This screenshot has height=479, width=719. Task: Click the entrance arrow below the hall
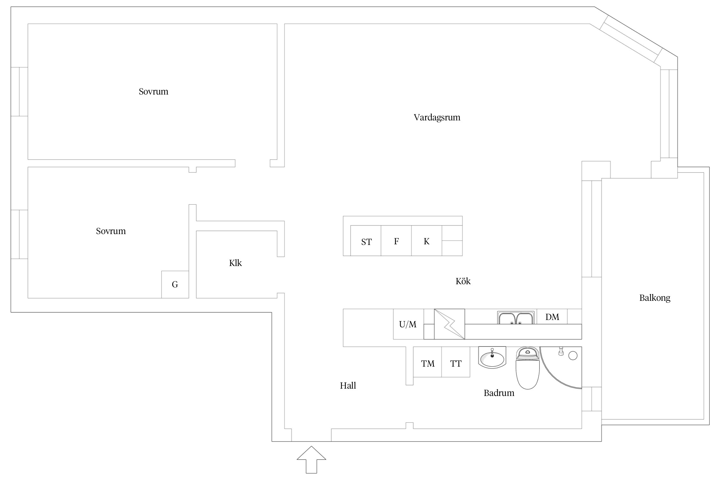(311, 460)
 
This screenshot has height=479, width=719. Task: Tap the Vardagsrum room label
(437, 118)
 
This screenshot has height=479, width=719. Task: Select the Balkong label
(655, 298)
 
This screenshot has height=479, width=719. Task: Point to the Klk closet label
(236, 263)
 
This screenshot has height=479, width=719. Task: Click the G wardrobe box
(175, 285)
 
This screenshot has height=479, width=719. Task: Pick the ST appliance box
(366, 240)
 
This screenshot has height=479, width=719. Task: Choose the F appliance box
(396, 240)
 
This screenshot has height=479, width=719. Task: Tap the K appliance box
(427, 240)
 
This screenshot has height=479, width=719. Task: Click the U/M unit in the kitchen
(408, 324)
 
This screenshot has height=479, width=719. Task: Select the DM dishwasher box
(552, 316)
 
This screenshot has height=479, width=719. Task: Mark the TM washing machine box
(428, 362)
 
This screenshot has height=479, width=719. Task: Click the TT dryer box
(456, 362)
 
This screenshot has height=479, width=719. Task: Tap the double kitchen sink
(516, 318)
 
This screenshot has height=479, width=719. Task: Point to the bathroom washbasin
(492, 357)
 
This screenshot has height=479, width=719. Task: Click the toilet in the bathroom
(528, 368)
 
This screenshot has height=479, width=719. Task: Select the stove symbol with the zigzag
(449, 324)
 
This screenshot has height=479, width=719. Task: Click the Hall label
(348, 386)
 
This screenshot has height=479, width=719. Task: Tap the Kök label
(463, 281)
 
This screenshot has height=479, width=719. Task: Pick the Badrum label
(499, 393)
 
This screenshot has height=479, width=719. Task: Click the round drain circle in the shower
(573, 356)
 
